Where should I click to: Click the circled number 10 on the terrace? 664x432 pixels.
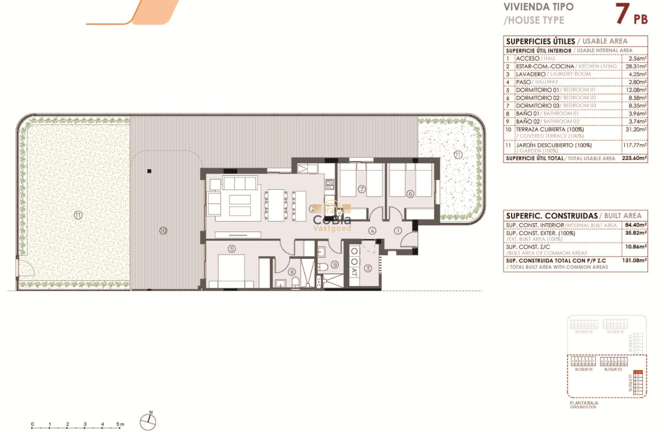(x=163, y=231)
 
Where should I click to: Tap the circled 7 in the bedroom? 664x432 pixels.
(x=362, y=189)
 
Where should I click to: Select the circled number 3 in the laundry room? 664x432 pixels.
(x=368, y=268)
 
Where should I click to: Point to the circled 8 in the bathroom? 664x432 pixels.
(x=292, y=273)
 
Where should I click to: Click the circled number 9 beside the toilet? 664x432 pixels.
(x=334, y=264)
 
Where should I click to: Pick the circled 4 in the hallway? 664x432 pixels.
(x=372, y=230)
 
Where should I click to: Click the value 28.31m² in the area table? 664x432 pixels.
(x=635, y=66)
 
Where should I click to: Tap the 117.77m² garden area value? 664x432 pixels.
(x=634, y=145)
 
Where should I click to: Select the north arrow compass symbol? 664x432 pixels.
(x=149, y=420)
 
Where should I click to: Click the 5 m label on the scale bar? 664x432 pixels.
(x=120, y=425)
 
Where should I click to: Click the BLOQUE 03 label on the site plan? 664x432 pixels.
(x=583, y=370)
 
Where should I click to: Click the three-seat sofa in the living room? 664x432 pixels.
(x=239, y=183)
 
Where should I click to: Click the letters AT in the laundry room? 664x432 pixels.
(x=355, y=273)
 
